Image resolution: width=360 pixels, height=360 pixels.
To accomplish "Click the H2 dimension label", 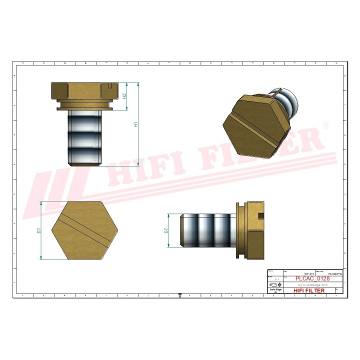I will (x=125, y=95).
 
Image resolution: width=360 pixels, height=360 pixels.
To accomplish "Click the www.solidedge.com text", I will (x=309, y=284).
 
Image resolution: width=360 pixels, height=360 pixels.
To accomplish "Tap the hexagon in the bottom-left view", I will (x=79, y=230).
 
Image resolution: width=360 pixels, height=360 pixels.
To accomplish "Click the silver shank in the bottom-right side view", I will (x=208, y=230).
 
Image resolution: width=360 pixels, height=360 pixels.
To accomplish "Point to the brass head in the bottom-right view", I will (x=253, y=230).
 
